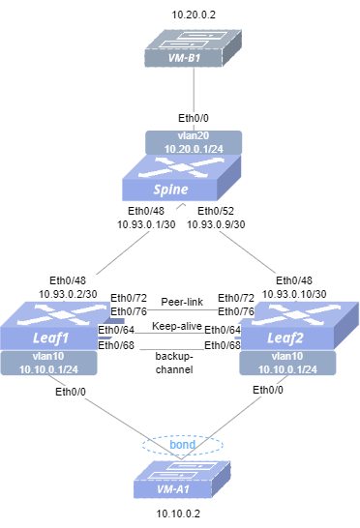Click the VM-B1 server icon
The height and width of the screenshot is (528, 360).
pyautogui.click(x=194, y=48)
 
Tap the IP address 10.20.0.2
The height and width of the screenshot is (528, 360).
pyautogui.click(x=194, y=15)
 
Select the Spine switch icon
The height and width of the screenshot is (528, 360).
pyautogui.click(x=181, y=178)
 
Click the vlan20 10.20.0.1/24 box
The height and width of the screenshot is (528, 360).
pyautogui.click(x=194, y=142)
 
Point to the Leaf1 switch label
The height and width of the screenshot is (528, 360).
pyautogui.click(x=50, y=337)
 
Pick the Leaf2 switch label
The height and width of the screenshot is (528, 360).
pyautogui.click(x=285, y=337)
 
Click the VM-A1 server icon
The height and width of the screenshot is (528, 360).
pyautogui.click(x=182, y=480)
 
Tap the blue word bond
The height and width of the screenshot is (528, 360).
pyautogui.click(x=182, y=445)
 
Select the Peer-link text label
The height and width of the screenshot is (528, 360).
pyautogui.click(x=182, y=302)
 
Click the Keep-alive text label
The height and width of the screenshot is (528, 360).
pyautogui.click(x=177, y=326)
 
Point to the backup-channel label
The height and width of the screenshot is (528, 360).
pyautogui.click(x=174, y=363)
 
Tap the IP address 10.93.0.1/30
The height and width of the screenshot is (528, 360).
pyautogui.click(x=146, y=224)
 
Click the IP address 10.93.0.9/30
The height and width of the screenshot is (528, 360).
pyautogui.click(x=216, y=224)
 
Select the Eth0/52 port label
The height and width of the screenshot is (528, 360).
pyautogui.click(x=216, y=211)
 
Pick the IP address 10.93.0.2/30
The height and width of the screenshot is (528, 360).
pyautogui.click(x=68, y=294)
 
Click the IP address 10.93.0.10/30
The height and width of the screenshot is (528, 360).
pyautogui.click(x=294, y=294)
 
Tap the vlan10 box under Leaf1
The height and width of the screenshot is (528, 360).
pyautogui.click(x=49, y=363)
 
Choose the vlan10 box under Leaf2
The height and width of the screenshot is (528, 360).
pyautogui.click(x=287, y=363)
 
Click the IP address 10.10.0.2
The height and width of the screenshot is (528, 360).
pyautogui.click(x=178, y=513)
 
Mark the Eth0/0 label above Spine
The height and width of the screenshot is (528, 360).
pyautogui.click(x=194, y=118)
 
